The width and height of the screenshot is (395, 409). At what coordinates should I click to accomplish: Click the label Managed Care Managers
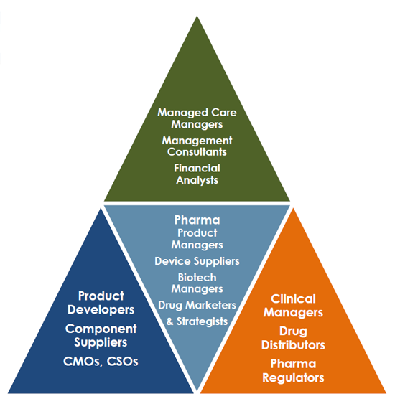(197, 118)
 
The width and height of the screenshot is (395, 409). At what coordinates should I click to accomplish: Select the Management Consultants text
(197, 146)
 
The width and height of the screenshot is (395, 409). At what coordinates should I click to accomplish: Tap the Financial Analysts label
(197, 174)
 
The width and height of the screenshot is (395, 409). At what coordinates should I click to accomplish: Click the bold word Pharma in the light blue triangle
(197, 220)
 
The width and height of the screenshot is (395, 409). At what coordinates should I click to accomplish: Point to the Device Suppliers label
(197, 261)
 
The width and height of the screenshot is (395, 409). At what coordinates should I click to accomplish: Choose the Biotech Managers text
(197, 283)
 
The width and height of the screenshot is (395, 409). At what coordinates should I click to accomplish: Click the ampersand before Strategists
(169, 321)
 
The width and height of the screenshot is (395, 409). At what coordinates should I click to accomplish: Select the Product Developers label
(101, 303)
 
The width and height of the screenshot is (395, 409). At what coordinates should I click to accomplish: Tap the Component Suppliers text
(101, 336)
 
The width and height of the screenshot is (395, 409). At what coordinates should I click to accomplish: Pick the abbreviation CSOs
(122, 362)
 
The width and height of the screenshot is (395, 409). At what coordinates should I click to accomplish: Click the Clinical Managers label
(293, 306)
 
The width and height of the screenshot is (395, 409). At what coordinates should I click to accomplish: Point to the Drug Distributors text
(293, 338)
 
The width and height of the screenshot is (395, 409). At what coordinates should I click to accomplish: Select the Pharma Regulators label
(293, 371)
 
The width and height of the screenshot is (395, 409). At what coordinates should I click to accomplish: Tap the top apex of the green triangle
(197, 17)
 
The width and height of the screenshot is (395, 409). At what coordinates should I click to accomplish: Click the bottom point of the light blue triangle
(197, 390)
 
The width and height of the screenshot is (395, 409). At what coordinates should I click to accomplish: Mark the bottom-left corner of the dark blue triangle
(8, 393)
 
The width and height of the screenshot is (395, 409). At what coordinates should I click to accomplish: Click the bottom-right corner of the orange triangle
(386, 393)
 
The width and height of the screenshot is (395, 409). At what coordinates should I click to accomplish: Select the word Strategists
(202, 321)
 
